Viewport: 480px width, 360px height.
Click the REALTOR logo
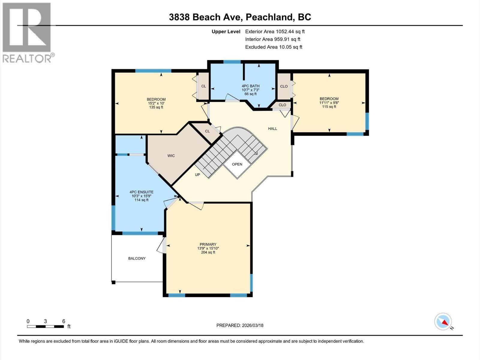coord(27,32)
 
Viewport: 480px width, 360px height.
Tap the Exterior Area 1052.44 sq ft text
coord(275,31)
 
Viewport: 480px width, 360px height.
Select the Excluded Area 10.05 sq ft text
coord(274,47)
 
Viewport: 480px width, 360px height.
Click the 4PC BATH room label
coord(250,86)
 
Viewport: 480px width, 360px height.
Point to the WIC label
coord(171,156)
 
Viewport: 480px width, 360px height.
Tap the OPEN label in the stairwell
coord(237,164)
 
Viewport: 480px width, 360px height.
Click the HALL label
coord(272,129)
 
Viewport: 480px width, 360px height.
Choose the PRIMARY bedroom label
coord(208,244)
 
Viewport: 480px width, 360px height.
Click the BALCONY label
coord(137,258)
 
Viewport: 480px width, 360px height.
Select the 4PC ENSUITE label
coord(141,192)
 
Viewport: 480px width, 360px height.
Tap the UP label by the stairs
coord(197,175)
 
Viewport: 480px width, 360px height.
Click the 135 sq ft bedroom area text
coord(156,107)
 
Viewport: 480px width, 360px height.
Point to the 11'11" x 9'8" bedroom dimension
coord(329,103)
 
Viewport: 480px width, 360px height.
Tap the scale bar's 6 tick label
coord(64,321)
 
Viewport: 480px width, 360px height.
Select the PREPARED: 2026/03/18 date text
coord(240,325)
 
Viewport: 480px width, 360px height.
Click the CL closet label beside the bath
coord(204,86)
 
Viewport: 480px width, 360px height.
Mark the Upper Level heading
coord(226,31)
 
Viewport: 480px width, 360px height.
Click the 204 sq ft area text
coord(208,252)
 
